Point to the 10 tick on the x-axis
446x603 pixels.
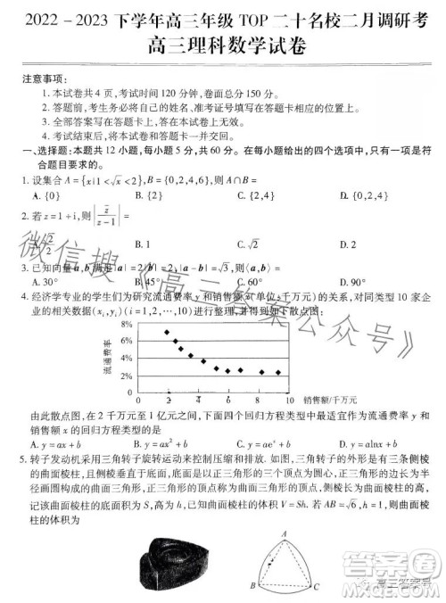tap(290, 400)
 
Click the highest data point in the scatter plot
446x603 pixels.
tap(167, 332)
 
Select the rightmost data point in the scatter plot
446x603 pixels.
tap(278, 372)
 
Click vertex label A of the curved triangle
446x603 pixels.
tap(283, 533)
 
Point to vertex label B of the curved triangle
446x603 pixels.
tap(253, 587)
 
